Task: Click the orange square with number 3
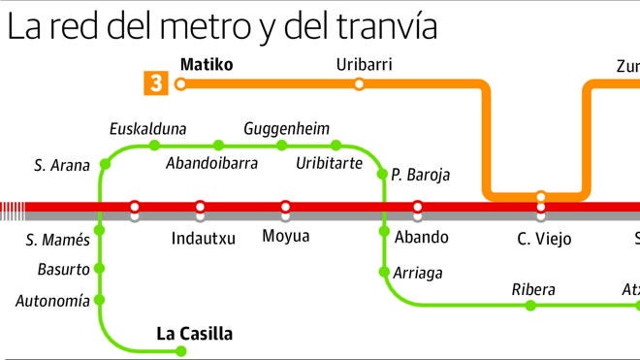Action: pos(153,83)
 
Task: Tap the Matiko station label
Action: pos(207,65)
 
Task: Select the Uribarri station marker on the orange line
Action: pos(360,84)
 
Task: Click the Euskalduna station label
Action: pos(147,128)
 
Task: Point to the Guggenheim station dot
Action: pos(282,146)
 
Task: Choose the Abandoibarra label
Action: pos(211,163)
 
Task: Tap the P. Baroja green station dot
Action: pos(382,174)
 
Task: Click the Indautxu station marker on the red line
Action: pos(200,207)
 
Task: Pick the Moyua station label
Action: pos(286,236)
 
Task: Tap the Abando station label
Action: pos(422,236)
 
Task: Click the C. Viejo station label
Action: pos(544,238)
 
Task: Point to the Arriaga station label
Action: pos(417,273)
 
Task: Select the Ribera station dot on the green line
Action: pos(529,306)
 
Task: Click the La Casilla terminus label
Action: pos(194,334)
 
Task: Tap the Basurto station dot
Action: pos(100,269)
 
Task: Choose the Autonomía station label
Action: pos(52,301)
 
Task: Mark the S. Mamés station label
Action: pos(57,239)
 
